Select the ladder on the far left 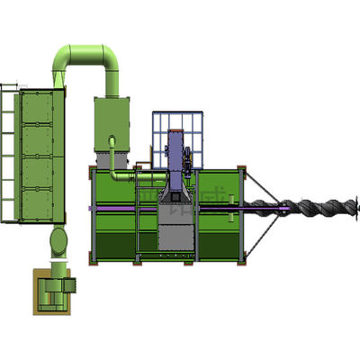pyautogui.click(x=9, y=153)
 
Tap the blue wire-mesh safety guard pyautogui.click(x=180, y=139)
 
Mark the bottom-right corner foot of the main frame pyautogui.click(x=241, y=262)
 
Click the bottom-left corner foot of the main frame pyautogui.click(x=93, y=262)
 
